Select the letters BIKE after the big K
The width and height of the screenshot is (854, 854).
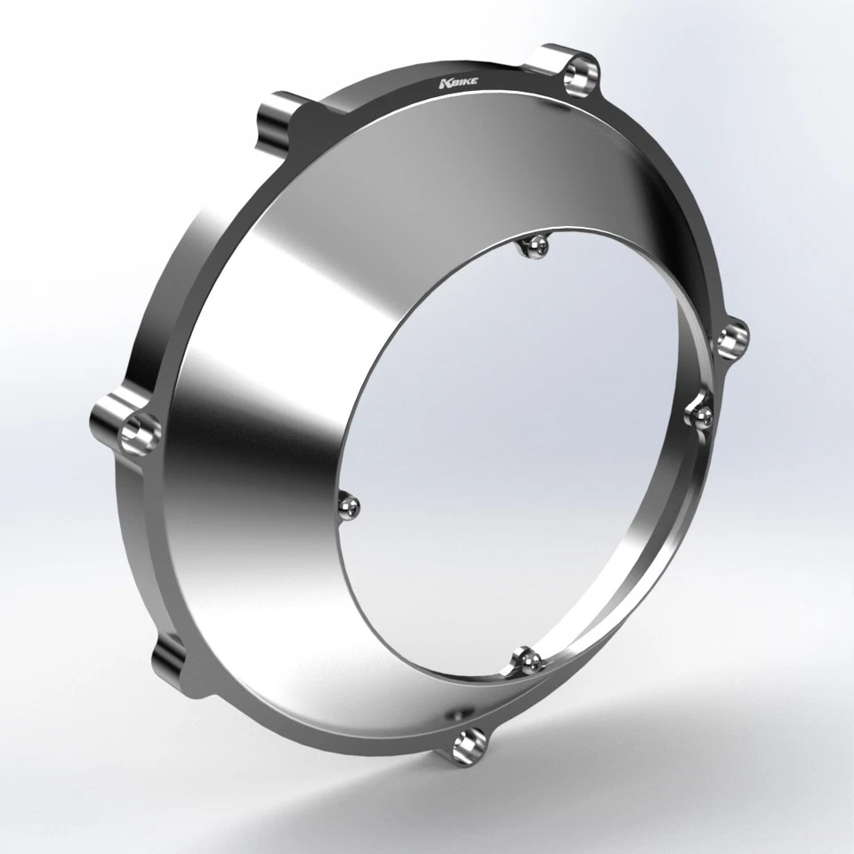coord(462,83)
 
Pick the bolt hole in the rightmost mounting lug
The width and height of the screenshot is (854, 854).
coord(732,339)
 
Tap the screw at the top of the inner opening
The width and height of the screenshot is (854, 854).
coord(535,246)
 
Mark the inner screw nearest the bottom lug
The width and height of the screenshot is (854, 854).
coord(528,660)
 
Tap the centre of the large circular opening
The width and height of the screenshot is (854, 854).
coord(525,445)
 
